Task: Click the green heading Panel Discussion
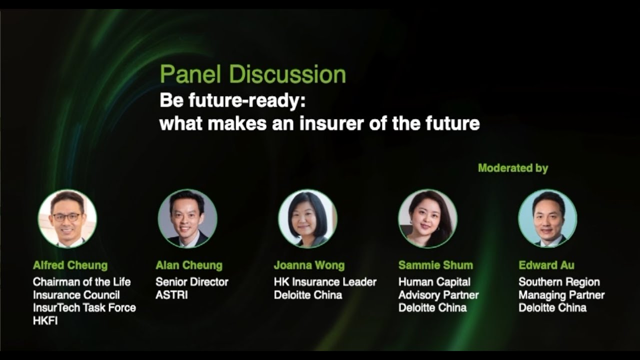tap(252, 74)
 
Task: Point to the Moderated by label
tap(513, 168)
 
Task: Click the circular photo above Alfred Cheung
tap(67, 218)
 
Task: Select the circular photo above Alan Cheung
tap(187, 218)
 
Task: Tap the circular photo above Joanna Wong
tap(307, 218)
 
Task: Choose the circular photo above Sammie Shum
tap(427, 218)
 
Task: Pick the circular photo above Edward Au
tap(547, 218)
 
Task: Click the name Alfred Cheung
tap(70, 265)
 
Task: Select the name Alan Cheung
tap(188, 265)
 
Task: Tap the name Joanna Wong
tap(309, 265)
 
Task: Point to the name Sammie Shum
tap(435, 265)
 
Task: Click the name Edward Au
tap(546, 265)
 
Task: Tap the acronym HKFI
tap(45, 321)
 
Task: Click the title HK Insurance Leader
tap(325, 282)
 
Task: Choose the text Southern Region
tap(559, 282)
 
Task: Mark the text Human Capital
tap(434, 282)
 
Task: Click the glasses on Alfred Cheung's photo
tap(66, 217)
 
